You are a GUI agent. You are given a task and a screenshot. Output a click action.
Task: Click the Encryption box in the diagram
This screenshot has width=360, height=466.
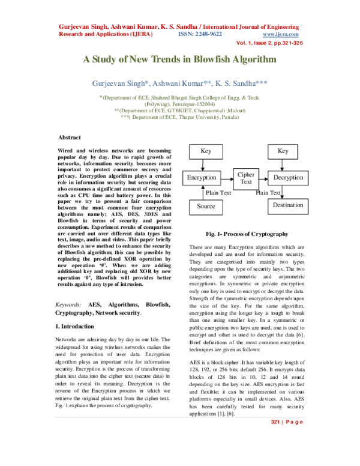click(202, 178)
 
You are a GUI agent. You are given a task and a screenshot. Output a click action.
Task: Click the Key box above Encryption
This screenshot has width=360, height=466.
click(206, 151)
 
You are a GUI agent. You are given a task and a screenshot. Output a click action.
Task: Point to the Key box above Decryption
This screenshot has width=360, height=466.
click(284, 151)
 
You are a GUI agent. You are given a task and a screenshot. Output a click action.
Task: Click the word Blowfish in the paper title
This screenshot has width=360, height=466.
click(215, 60)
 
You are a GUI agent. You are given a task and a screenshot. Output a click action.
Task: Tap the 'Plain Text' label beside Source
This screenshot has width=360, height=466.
click(218, 193)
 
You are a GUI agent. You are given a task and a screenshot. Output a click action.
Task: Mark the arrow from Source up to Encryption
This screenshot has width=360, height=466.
click(201, 192)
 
